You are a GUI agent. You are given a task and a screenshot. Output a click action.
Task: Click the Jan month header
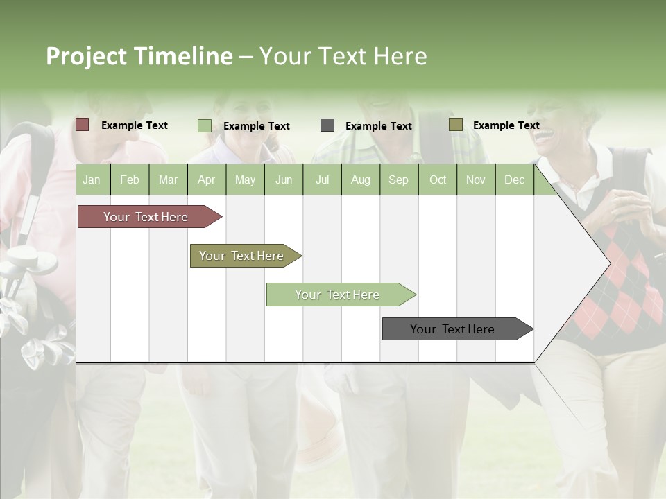pos(92,180)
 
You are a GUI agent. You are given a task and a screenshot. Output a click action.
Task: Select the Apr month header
pos(206,180)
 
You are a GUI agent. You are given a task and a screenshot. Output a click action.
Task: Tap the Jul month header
pos(322,180)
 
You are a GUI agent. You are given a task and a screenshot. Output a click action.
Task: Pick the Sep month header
pos(398,180)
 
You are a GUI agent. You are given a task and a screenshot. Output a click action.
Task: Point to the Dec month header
pos(514,180)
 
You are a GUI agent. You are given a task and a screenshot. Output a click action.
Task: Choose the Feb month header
pos(130,180)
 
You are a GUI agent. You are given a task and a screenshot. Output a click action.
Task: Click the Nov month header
pos(475,180)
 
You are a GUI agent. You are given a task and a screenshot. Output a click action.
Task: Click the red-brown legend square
pos(82,125)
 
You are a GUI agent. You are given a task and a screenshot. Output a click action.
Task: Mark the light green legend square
pos(205,125)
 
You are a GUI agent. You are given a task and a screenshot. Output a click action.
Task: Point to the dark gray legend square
pos(327,125)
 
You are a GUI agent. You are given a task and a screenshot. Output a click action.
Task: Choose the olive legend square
pos(455,125)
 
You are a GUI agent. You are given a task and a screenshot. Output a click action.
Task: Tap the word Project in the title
pos(86,56)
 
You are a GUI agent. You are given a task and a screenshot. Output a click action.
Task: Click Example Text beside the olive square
pos(506,125)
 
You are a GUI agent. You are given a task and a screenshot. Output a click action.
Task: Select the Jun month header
pos(283,180)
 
